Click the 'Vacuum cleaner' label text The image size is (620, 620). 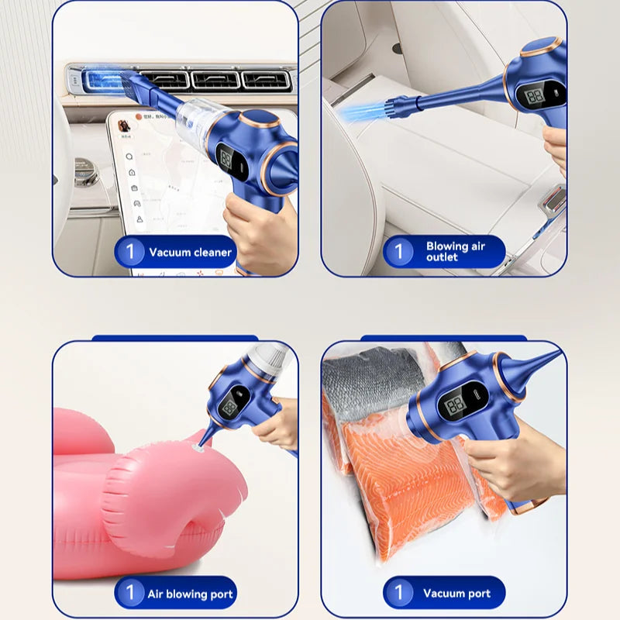190,252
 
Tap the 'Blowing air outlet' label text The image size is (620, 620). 456,251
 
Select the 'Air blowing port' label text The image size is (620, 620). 190,594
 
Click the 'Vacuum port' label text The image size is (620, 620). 456,594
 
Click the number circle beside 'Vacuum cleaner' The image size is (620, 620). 130,252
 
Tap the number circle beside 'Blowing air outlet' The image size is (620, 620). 398,251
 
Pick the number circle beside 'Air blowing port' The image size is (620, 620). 130,594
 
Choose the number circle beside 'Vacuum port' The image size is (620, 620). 398,594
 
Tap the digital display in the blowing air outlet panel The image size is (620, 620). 535,96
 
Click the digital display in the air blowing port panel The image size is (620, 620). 230,408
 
